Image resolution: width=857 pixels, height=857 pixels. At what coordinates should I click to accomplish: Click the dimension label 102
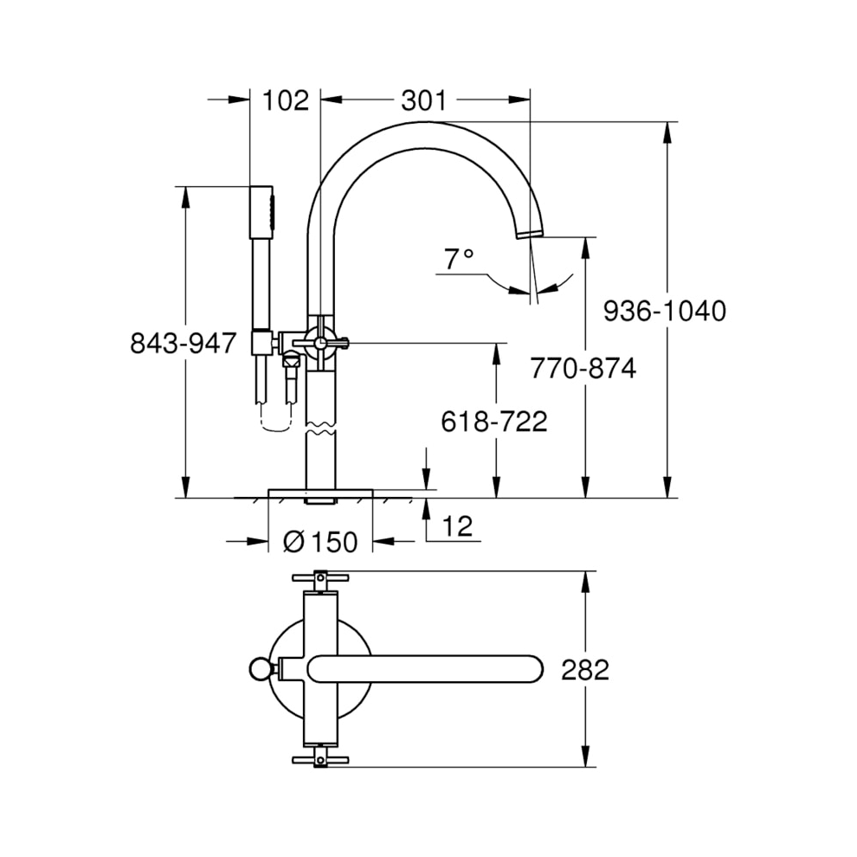coord(285,100)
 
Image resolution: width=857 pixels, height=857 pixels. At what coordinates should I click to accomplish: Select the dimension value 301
coord(423,100)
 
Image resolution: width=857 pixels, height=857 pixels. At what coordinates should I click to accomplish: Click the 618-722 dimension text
coord(493,422)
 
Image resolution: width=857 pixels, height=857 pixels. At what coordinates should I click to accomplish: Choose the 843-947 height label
coord(183,343)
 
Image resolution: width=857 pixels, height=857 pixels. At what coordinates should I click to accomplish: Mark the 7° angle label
coord(459,258)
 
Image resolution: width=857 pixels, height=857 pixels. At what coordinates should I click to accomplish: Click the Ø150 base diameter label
coord(320,542)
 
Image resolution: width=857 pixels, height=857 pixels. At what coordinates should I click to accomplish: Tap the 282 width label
coord(585,669)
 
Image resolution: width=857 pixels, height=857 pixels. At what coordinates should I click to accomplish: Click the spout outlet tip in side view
coord(529,232)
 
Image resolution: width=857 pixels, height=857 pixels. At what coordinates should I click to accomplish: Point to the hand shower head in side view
coord(261,211)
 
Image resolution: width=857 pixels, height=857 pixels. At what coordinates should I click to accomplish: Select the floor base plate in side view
coord(319,493)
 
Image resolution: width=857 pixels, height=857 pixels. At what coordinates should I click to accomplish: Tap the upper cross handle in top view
coord(319,577)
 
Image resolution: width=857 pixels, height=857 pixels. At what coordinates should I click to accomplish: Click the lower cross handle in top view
coord(319,759)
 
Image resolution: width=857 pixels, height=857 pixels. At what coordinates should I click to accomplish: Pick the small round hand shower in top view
coord(259,668)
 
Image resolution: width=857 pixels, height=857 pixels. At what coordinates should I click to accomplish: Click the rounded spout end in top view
coord(529,668)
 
